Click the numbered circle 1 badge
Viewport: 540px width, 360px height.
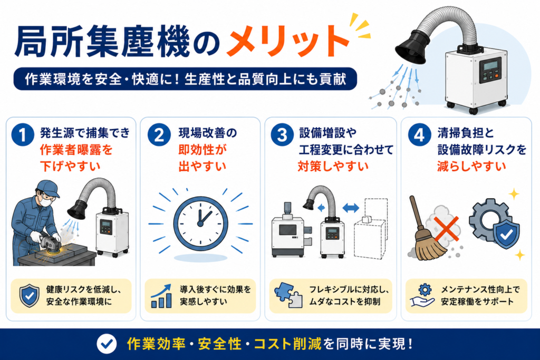pos(23,135)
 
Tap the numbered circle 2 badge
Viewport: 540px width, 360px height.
pos(159,135)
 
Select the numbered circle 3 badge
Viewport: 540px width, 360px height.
pos(282,135)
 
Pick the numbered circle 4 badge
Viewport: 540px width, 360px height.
pos(419,135)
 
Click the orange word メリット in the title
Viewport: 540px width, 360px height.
pos(288,41)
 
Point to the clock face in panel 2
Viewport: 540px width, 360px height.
pos(200,223)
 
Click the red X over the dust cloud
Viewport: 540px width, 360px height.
pos(446,229)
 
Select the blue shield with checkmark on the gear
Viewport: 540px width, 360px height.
pos(506,234)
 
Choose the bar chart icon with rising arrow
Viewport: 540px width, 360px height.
pos(161,296)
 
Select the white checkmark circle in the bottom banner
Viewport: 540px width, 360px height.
pos(107,344)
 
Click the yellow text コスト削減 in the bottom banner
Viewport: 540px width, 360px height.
pos(287,344)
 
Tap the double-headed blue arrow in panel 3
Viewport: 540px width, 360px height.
pos(351,208)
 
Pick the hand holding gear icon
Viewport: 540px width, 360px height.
pos(422,296)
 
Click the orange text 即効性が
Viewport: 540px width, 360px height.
pos(202,150)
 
